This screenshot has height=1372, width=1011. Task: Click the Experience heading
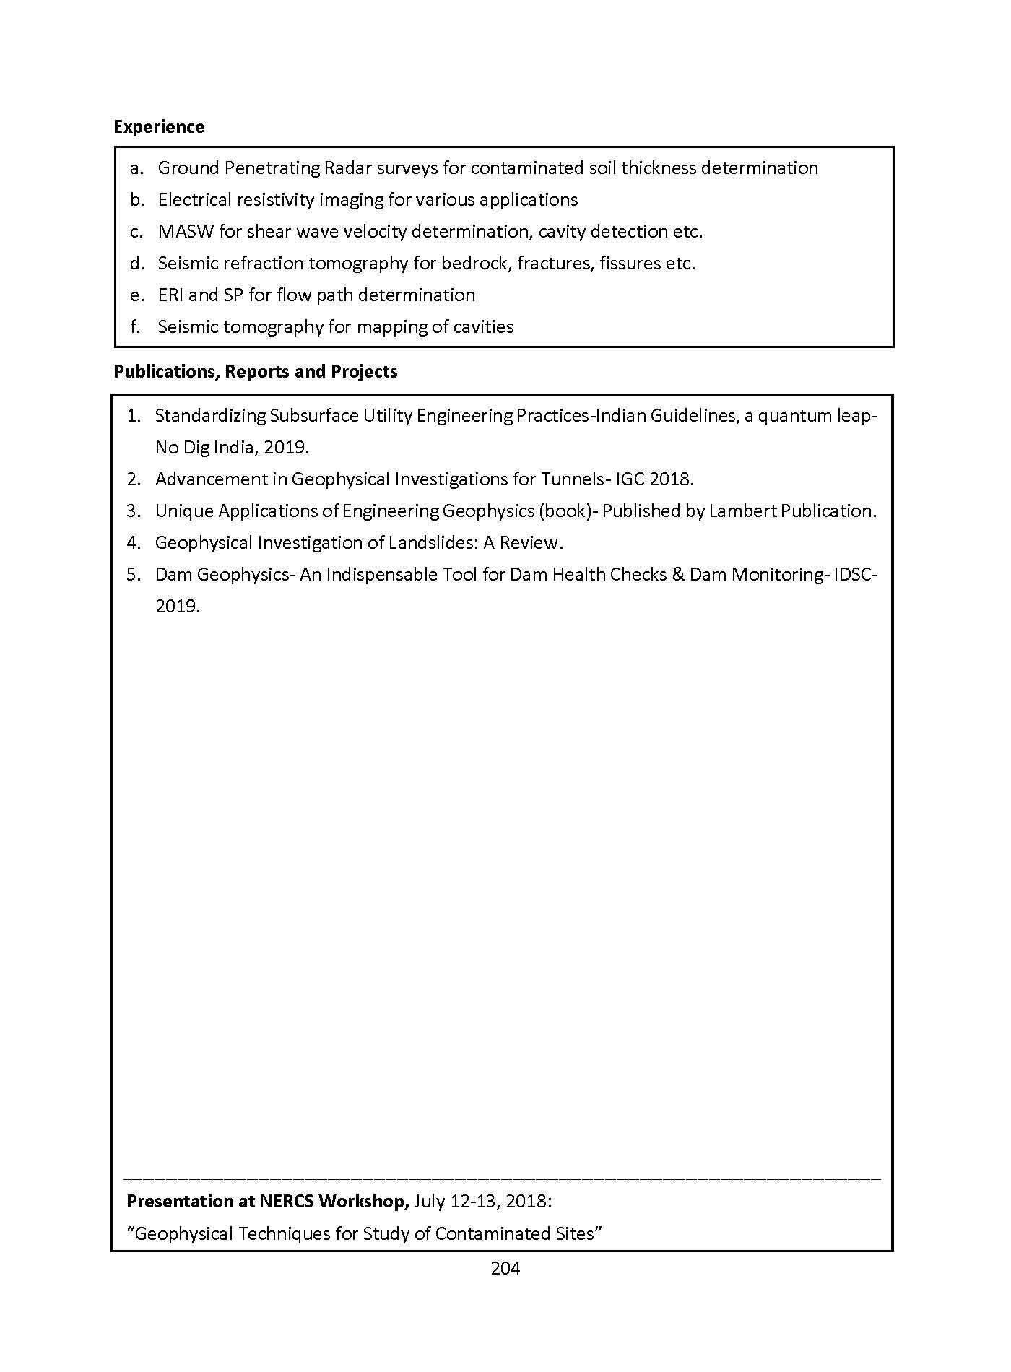159,127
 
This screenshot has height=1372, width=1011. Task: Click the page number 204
506,1268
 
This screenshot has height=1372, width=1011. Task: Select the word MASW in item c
182,232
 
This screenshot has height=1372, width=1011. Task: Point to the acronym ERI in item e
170,295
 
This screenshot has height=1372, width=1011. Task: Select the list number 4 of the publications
132,543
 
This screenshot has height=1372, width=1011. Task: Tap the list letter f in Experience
135,327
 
